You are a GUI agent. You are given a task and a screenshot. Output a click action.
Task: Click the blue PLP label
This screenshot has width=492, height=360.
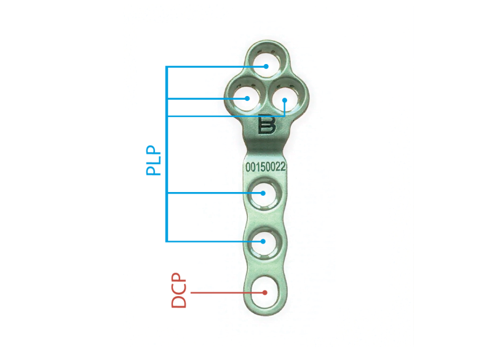pos(153,160)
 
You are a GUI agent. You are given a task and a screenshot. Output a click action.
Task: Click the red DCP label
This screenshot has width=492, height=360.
pos(178,290)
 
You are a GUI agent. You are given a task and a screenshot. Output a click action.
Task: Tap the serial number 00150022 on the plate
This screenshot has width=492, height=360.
pos(266,167)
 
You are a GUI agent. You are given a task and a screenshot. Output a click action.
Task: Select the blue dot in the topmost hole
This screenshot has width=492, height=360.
pos(266,66)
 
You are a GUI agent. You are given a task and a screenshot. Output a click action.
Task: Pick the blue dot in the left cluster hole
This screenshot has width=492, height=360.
pos(247,98)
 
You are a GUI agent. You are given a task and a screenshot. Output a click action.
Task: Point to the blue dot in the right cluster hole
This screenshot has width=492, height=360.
pos(285,100)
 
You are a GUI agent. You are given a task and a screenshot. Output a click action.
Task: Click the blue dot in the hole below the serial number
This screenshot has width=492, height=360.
pos(263,193)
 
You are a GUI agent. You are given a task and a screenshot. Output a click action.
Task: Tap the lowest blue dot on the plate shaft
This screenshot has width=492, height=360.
pos(263,241)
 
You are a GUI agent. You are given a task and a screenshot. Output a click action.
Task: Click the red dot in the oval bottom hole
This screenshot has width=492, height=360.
pos(265,292)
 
